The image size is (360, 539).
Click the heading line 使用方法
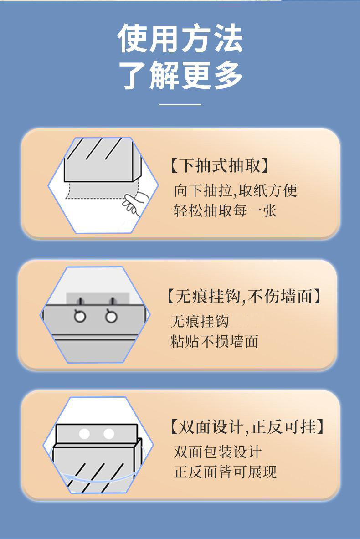click(x=180, y=38)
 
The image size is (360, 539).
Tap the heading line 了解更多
click(x=180, y=75)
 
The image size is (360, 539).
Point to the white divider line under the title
click(x=180, y=104)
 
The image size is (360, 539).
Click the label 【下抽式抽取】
click(x=219, y=166)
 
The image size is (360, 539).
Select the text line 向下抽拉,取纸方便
click(x=235, y=190)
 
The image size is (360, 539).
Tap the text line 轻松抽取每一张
click(x=225, y=210)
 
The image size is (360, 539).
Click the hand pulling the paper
click(x=135, y=203)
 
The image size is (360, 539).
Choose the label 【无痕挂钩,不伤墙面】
click(x=243, y=296)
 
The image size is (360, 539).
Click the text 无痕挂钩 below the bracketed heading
click(x=200, y=321)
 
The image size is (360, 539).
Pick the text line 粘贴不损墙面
click(x=214, y=341)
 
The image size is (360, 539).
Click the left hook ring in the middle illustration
click(x=80, y=316)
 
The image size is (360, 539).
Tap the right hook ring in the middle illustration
click(x=111, y=316)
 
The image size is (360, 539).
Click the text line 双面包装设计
click(x=217, y=452)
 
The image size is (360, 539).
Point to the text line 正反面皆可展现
click(x=225, y=472)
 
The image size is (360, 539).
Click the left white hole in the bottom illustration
click(x=84, y=434)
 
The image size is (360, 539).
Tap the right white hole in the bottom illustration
click(x=108, y=434)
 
